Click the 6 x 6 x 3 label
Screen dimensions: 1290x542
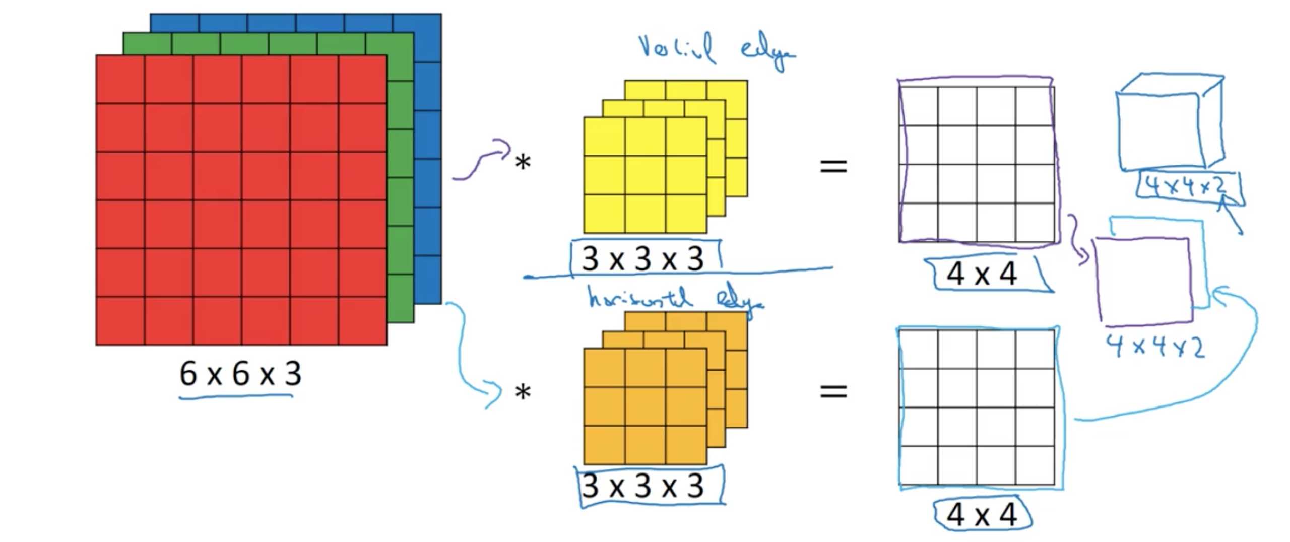click(x=240, y=374)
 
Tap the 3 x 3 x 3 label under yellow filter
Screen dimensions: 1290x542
click(x=643, y=259)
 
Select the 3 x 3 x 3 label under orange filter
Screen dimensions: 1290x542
click(x=643, y=486)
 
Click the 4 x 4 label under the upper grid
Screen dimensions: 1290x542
click(x=982, y=275)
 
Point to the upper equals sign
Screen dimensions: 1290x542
click(x=833, y=166)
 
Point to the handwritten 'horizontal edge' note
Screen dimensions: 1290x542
click(x=675, y=300)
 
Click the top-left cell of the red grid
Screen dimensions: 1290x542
click(x=120, y=79)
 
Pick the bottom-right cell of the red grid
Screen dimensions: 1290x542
click(x=363, y=321)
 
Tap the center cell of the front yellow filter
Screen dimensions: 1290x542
click(x=645, y=175)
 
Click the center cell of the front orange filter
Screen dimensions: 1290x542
click(x=645, y=406)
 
